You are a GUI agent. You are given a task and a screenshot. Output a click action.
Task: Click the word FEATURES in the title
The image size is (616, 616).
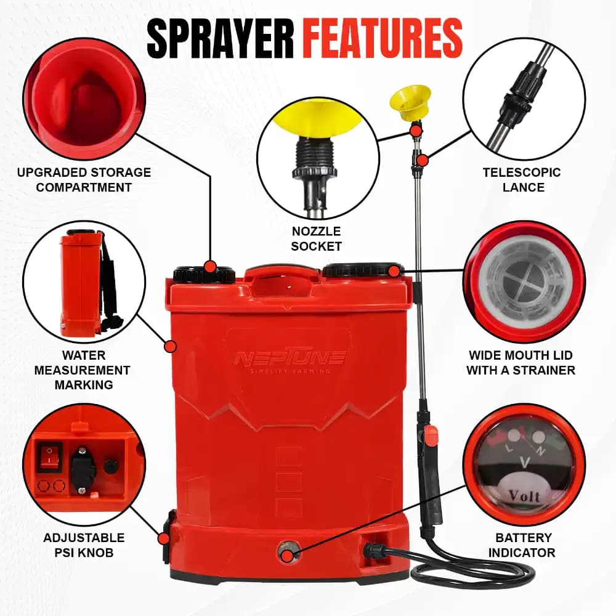pyautogui.click(x=383, y=38)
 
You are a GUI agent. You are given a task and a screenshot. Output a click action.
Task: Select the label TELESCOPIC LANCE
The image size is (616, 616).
pyautogui.click(x=522, y=179)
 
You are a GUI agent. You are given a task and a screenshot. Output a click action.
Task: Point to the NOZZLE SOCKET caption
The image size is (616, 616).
pyautogui.click(x=317, y=238)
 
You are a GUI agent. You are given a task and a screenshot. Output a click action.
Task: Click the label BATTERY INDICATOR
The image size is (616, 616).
pyautogui.click(x=522, y=545)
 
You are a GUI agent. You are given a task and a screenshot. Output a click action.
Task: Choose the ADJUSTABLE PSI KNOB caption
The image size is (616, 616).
pyautogui.click(x=84, y=545)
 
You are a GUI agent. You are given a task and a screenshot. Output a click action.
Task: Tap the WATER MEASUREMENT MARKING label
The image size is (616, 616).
pyautogui.click(x=83, y=370)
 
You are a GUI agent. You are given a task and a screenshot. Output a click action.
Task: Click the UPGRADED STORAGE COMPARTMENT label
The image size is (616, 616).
pyautogui.click(x=84, y=179)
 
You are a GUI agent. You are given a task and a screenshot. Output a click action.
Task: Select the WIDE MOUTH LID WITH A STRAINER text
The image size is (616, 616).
pyautogui.click(x=521, y=363)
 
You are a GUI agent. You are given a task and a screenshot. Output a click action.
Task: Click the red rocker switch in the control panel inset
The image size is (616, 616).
pyautogui.click(x=47, y=456)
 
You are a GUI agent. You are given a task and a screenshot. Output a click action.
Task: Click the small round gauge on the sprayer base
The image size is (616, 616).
pyautogui.click(x=286, y=552)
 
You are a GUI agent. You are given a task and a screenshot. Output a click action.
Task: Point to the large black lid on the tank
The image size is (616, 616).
pyautogui.click(x=362, y=270)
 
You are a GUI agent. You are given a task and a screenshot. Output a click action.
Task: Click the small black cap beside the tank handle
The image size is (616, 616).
pyautogui.click(x=203, y=275)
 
